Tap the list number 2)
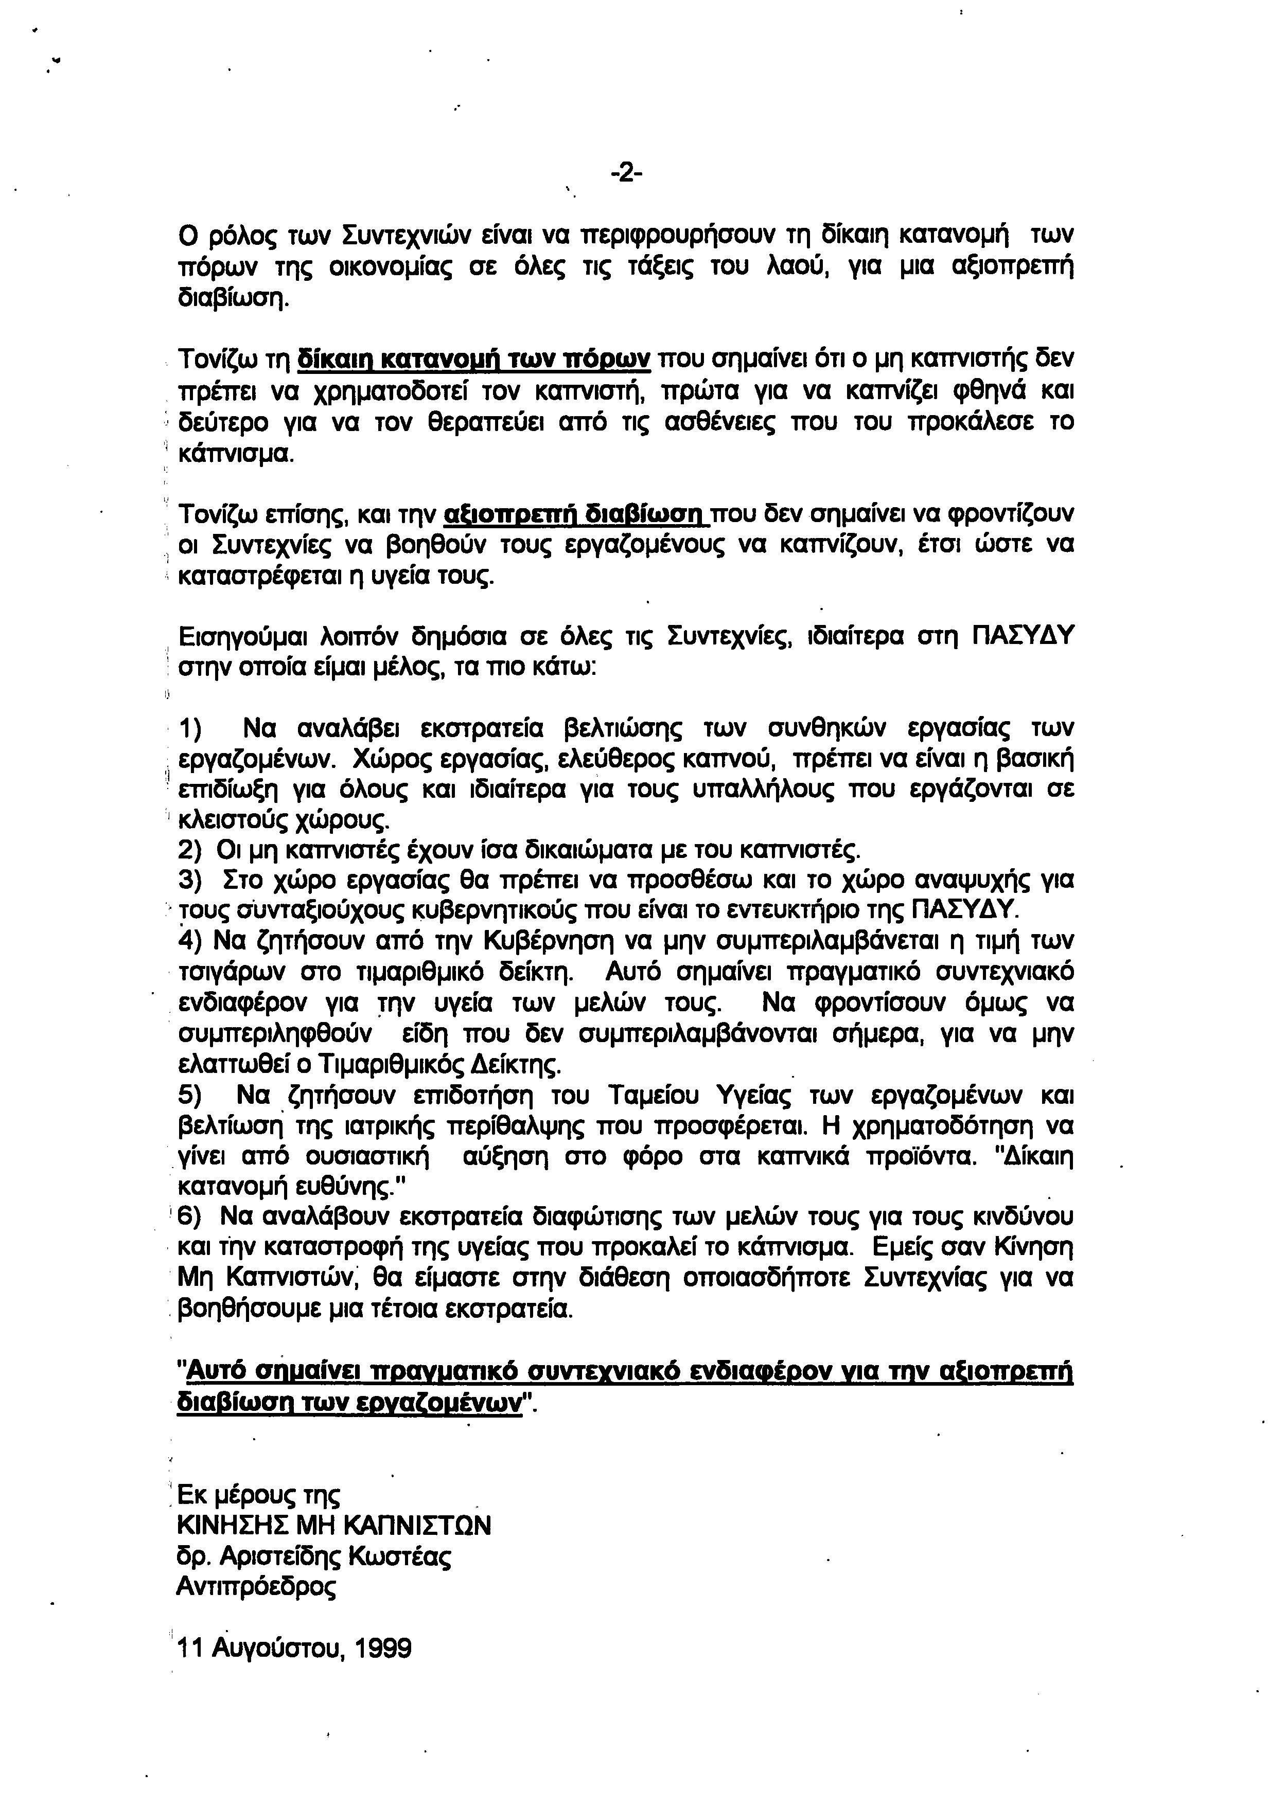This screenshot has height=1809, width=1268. point(191,850)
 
